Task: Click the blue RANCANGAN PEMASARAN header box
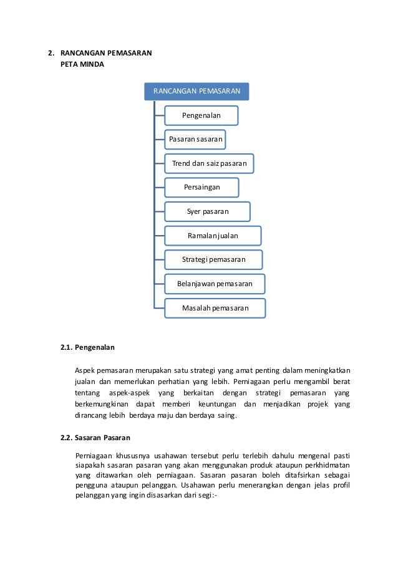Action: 197,91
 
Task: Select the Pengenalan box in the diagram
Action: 201,115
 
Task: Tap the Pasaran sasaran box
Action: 195,139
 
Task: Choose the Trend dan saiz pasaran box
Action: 209,163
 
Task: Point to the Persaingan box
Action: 201,187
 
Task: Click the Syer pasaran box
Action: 208,211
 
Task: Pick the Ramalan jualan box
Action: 213,236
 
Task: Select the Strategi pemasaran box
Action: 213,259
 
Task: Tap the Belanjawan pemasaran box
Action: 215,284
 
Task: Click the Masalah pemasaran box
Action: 215,308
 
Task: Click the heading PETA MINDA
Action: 78,65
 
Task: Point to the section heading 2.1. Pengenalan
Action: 87,347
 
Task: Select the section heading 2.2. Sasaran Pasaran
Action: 96,437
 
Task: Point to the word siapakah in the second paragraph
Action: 88,465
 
